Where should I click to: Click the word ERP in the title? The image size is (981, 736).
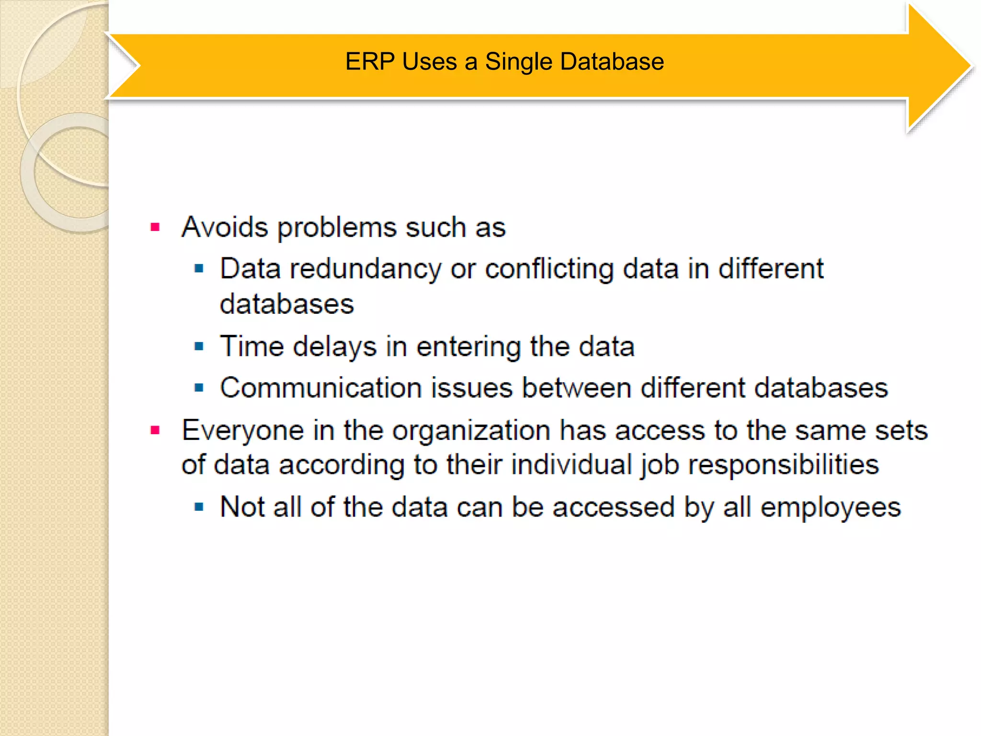[x=369, y=62]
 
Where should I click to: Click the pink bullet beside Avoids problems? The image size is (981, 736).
[x=155, y=227]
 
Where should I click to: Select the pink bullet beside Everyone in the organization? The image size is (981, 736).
[x=155, y=430]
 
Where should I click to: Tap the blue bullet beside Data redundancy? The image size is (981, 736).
[x=199, y=268]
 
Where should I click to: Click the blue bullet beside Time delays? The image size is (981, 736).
[x=199, y=346]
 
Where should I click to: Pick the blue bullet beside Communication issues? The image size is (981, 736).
[x=199, y=387]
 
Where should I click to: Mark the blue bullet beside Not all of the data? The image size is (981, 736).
[x=199, y=506]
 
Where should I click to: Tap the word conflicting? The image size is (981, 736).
[x=549, y=269]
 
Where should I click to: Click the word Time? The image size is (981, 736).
[x=251, y=346]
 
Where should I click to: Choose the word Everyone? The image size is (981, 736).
[x=242, y=430]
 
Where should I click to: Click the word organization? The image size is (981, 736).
[x=471, y=430]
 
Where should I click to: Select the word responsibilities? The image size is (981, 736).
[x=784, y=465]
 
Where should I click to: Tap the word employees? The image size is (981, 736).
[x=831, y=507]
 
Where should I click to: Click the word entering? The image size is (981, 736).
[x=468, y=346]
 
